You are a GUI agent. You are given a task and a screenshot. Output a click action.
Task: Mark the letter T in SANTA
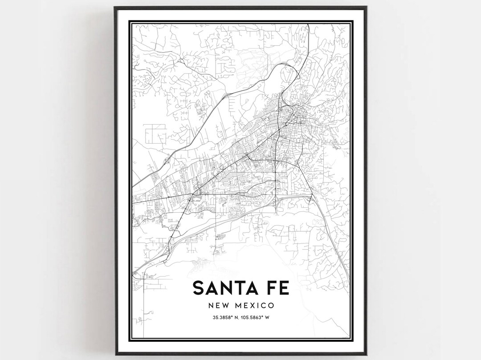tap(243, 288)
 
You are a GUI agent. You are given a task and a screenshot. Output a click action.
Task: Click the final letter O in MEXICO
tap(270, 306)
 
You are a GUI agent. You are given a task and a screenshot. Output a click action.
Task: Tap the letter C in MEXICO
tap(264, 306)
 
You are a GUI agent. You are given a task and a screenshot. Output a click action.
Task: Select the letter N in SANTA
tap(229, 288)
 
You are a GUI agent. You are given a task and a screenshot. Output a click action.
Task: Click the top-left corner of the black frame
tap(114, 7)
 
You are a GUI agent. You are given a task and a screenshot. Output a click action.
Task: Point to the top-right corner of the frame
tap(367, 7)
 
